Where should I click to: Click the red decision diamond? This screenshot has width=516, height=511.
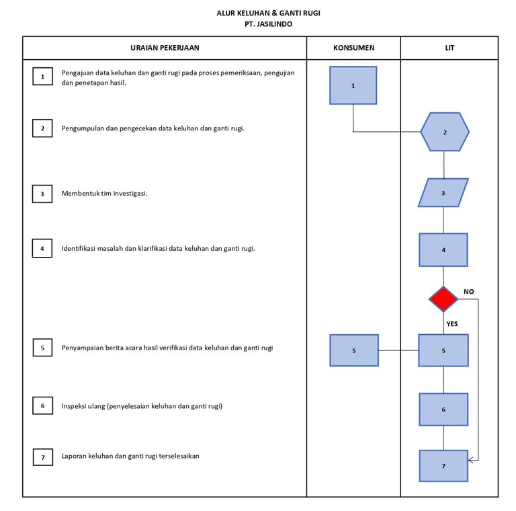point(443,299)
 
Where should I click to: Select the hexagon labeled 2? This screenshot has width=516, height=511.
point(445,132)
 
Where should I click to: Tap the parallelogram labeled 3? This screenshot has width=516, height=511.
point(443,192)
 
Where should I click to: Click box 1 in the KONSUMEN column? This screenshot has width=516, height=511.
point(353,85)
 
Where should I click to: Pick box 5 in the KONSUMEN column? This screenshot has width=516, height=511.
point(354,350)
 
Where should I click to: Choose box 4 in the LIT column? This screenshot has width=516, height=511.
point(443,249)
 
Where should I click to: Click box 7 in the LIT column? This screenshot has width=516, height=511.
point(443,465)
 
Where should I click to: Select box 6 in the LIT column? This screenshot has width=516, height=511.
point(443,409)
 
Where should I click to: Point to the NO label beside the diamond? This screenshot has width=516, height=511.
point(469,291)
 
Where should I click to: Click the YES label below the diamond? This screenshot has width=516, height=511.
point(452,323)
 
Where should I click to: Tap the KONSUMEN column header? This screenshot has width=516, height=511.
point(353,48)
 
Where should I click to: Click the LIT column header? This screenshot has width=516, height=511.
point(449,48)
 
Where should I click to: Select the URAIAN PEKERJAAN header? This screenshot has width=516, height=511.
point(165,48)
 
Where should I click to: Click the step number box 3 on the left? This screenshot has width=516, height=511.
point(42,194)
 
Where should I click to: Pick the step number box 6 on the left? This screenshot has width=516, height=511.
point(42,406)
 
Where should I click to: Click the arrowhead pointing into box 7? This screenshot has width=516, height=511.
point(471,460)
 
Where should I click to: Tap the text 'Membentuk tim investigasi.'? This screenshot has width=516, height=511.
point(104,194)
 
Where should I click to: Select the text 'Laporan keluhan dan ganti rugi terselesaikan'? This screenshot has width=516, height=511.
point(130,456)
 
